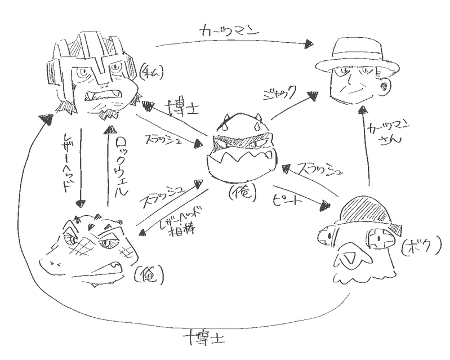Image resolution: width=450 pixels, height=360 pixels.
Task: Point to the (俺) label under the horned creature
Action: pyautogui.click(x=243, y=193)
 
